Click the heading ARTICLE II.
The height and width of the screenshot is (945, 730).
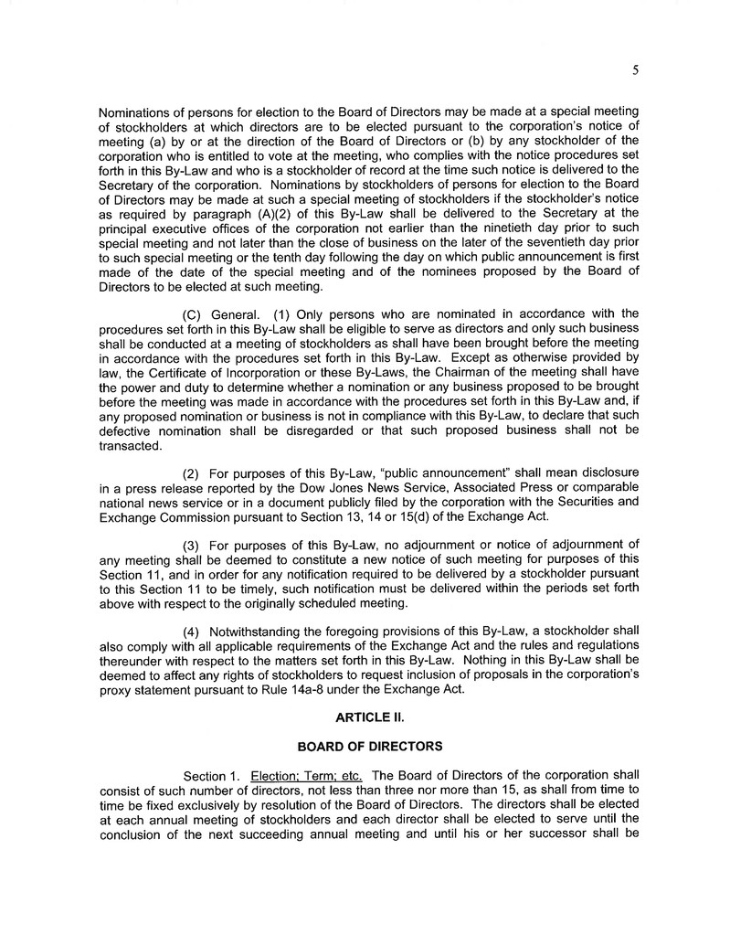pos(364,719)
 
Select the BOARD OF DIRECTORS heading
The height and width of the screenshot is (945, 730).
pos(364,747)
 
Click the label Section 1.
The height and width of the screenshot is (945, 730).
pos(212,777)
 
